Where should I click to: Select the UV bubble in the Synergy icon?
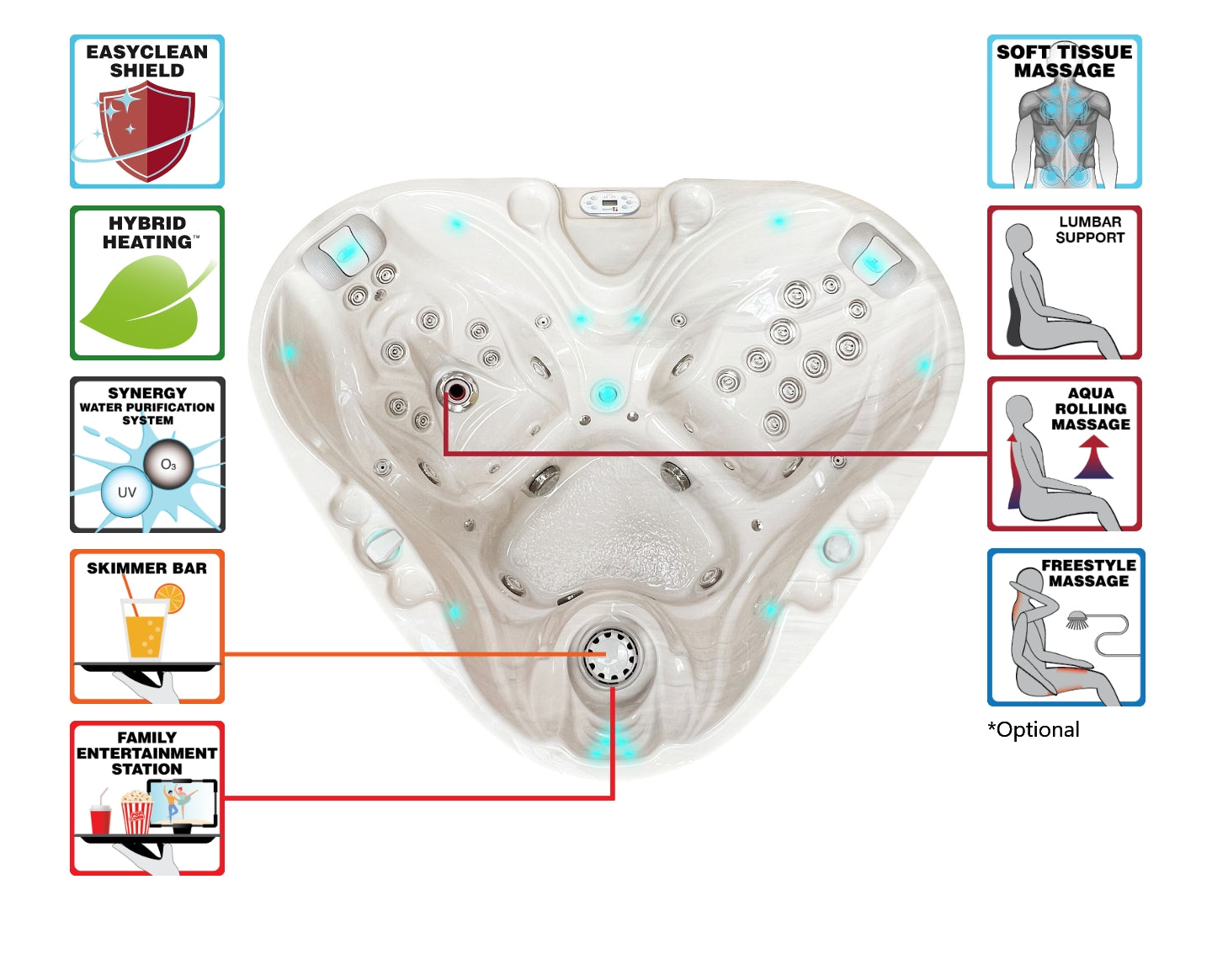coord(126,493)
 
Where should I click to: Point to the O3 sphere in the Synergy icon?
coord(168,464)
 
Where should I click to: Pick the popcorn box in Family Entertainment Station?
coord(136,813)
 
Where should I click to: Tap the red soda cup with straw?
coord(100,817)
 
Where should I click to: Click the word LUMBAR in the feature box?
coord(1090,221)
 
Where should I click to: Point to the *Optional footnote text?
coord(1034,730)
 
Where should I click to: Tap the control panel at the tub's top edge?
coord(609,203)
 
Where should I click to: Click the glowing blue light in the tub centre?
coord(604,392)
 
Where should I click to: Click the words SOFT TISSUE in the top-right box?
coord(1064,52)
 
